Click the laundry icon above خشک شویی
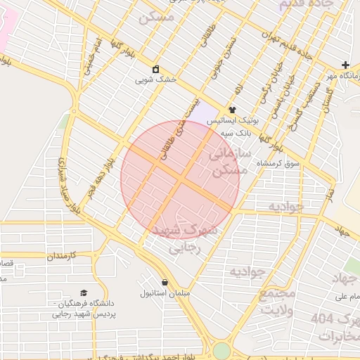coord(156,70)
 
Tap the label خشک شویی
coord(155,80)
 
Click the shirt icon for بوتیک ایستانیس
coord(232,110)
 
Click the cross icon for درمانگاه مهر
coord(345,65)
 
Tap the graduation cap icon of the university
coord(84,292)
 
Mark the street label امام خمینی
coord(94,51)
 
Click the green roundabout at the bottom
coord(222,350)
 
